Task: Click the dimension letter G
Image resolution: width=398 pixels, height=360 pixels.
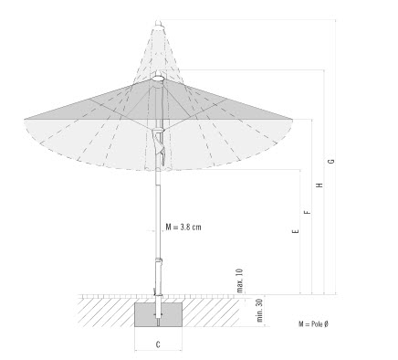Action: (x=332, y=161)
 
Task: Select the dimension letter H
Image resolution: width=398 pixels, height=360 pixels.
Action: (x=319, y=185)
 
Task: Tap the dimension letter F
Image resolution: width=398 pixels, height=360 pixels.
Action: (x=308, y=212)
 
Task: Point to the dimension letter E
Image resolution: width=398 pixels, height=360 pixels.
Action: (x=295, y=231)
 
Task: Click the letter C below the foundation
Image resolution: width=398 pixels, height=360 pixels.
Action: (x=158, y=344)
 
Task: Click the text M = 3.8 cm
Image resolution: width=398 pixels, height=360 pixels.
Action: (x=183, y=227)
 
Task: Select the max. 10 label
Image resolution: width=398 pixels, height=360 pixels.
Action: (x=240, y=281)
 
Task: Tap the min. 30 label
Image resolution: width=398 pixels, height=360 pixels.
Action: (x=259, y=311)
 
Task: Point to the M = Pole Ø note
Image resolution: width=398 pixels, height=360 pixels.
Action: (x=313, y=324)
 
